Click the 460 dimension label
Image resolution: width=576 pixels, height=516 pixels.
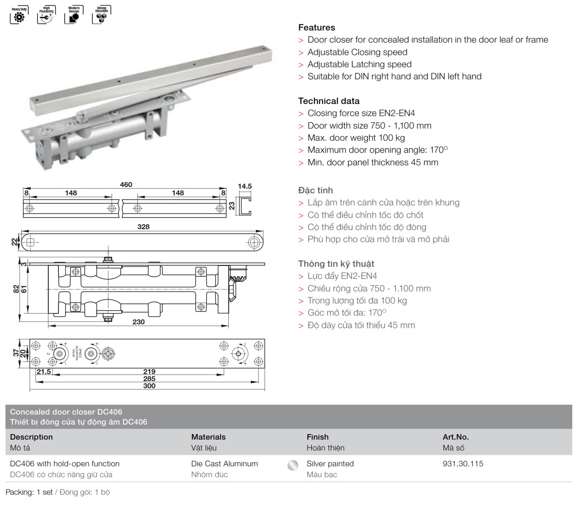tap(126, 185)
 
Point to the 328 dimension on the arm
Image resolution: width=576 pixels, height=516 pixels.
tap(143, 227)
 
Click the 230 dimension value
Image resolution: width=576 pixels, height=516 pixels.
tap(139, 322)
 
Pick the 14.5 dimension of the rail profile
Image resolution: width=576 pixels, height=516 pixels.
tap(245, 186)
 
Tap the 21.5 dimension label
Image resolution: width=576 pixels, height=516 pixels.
tap(43, 372)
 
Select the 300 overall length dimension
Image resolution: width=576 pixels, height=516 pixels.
tap(149, 386)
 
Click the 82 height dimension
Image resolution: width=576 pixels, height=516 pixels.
tap(15, 288)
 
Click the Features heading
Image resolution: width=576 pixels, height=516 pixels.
tap(316, 28)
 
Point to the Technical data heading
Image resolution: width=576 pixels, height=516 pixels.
tap(328, 101)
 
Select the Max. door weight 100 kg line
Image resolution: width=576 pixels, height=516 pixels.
tap(356, 138)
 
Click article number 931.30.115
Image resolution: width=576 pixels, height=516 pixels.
tap(463, 463)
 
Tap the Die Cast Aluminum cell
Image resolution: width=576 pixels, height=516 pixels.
tap(225, 463)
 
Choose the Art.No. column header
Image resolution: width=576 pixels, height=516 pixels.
tap(455, 437)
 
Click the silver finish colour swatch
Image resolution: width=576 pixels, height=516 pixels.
tap(293, 465)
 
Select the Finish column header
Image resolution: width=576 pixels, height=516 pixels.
tap(317, 437)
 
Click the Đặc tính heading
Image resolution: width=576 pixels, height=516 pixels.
tap(315, 190)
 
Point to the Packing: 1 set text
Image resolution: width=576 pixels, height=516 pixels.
tap(29, 492)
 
